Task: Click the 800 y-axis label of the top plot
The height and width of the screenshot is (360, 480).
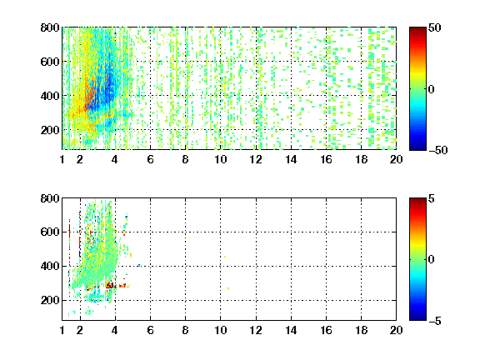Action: (50, 27)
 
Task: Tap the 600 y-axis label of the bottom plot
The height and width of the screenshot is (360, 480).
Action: (50, 232)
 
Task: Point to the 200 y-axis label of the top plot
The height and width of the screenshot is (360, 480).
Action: (50, 130)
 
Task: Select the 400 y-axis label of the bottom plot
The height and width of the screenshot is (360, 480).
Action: (50, 266)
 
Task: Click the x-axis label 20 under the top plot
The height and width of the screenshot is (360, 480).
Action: (396, 159)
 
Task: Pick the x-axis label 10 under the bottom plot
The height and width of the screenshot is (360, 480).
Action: (220, 330)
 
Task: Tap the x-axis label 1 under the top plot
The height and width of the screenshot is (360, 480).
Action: (62, 159)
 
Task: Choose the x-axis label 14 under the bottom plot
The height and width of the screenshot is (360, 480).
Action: (291, 330)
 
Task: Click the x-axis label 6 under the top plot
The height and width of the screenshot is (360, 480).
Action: (150, 159)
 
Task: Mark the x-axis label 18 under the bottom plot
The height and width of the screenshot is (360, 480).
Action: (361, 330)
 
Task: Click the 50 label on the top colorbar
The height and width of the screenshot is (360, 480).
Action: (435, 27)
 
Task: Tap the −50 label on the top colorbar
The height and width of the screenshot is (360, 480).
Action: (438, 150)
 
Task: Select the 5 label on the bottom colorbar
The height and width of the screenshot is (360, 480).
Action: (432, 198)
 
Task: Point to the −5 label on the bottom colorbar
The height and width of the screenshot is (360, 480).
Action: (435, 321)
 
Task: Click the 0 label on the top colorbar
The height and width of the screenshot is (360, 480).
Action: (432, 89)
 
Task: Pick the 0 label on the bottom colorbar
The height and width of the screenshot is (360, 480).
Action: (432, 260)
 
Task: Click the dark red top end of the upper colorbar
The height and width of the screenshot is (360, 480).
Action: (417, 29)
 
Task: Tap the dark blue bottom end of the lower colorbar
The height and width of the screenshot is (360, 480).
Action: (417, 318)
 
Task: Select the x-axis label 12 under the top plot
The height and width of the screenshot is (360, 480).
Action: (256, 159)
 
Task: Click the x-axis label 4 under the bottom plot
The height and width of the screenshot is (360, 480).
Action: (115, 330)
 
